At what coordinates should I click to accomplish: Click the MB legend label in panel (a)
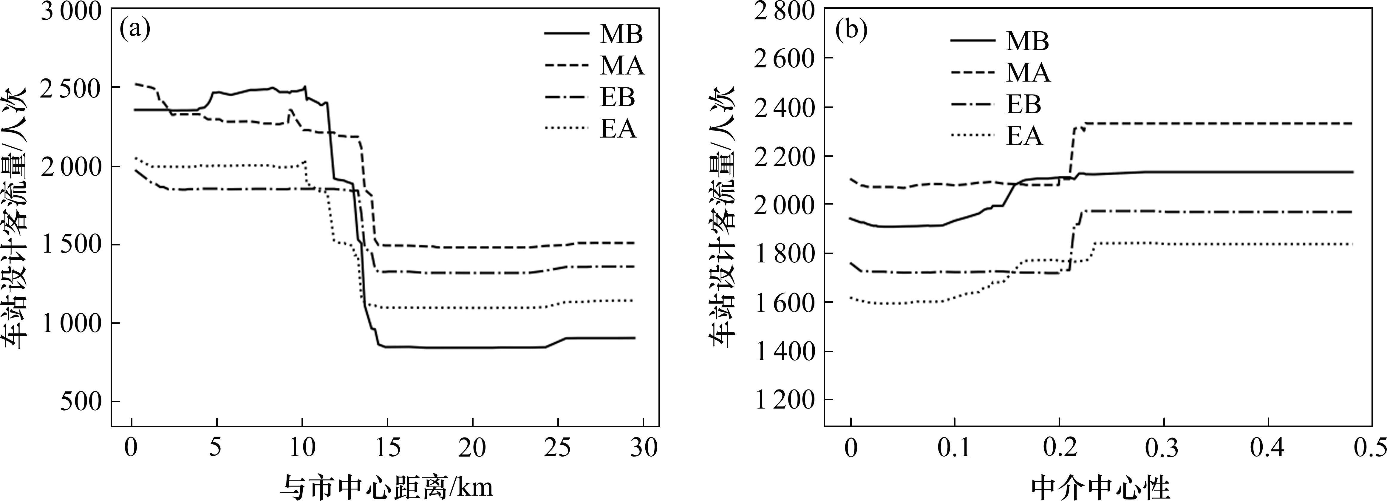tap(621, 35)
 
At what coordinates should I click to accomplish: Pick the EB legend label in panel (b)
tap(1023, 104)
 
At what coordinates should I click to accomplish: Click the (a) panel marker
tap(134, 30)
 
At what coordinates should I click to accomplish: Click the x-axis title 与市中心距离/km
tap(386, 487)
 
